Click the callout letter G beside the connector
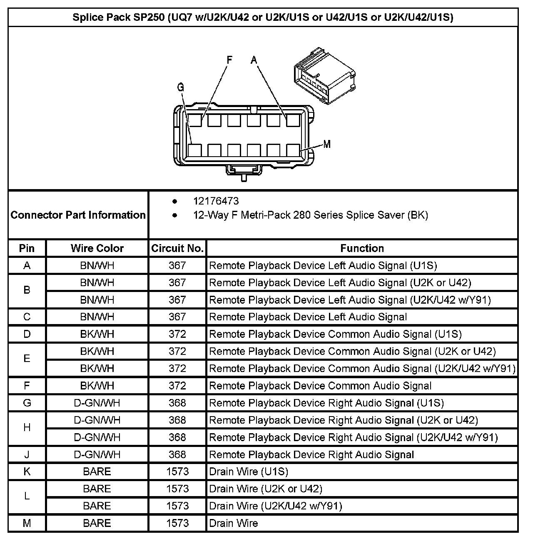tap(180, 87)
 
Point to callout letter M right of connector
tap(327, 144)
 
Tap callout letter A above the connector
tap(254, 60)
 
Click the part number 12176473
tap(216, 201)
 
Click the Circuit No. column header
tap(177, 248)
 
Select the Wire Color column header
tap(97, 248)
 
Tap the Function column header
tap(362, 248)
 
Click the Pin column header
tap(27, 248)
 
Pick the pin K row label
tap(27, 472)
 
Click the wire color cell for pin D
tap(97, 334)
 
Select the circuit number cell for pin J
tap(177, 454)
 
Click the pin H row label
tap(27, 428)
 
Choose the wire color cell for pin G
tap(97, 403)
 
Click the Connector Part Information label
tap(78, 215)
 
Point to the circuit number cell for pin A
tap(177, 265)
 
